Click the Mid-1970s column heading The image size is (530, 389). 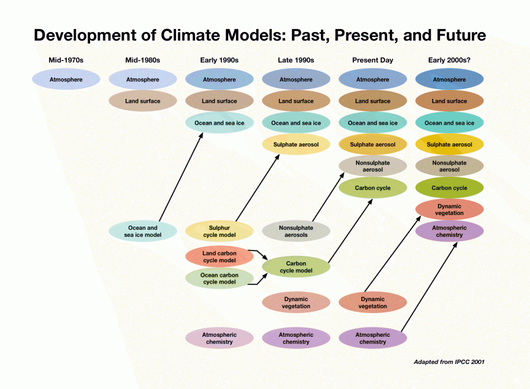(66, 60)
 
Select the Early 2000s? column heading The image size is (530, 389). (449, 60)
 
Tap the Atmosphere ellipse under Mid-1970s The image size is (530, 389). (66, 80)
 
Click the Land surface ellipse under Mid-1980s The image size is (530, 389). (143, 101)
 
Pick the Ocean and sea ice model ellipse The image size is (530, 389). (143, 231)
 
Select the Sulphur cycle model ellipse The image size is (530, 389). (219, 231)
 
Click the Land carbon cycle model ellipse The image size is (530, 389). (219, 257)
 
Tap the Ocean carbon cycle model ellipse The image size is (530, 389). (219, 278)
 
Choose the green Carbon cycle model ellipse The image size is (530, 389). (296, 267)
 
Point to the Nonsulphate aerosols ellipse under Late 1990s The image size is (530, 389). (296, 231)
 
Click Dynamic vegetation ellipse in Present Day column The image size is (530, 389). (373, 303)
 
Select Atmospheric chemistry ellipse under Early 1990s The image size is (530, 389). (219, 338)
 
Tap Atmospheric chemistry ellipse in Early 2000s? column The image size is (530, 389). (449, 231)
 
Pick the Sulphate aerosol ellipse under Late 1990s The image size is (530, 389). (296, 145)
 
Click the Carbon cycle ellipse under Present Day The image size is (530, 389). (373, 188)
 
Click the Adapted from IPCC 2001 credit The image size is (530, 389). (449, 362)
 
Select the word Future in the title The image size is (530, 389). (453, 35)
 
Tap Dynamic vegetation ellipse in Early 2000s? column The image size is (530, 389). (449, 210)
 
